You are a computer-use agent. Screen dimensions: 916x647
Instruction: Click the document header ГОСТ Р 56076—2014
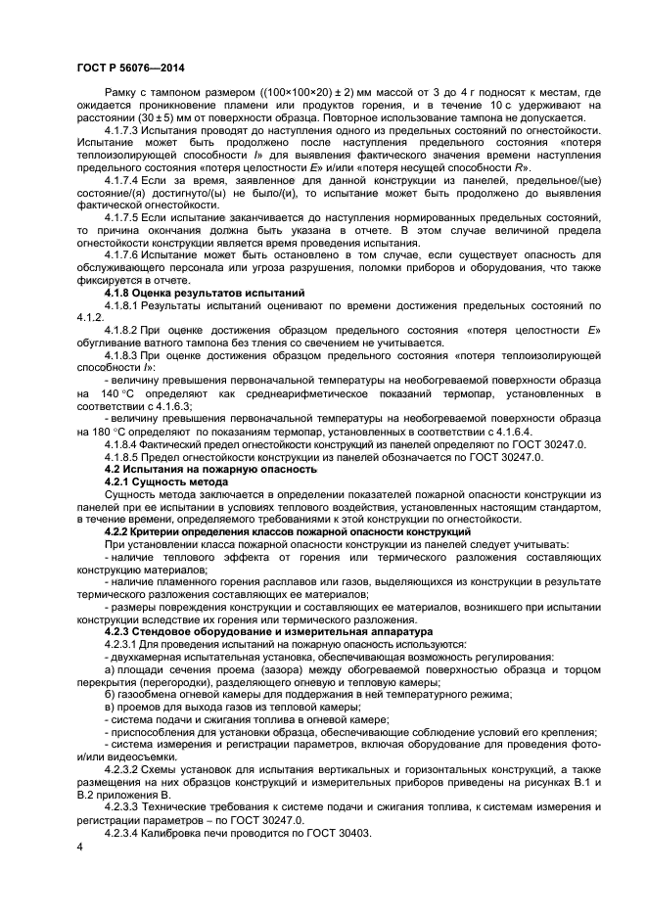tap(131, 68)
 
